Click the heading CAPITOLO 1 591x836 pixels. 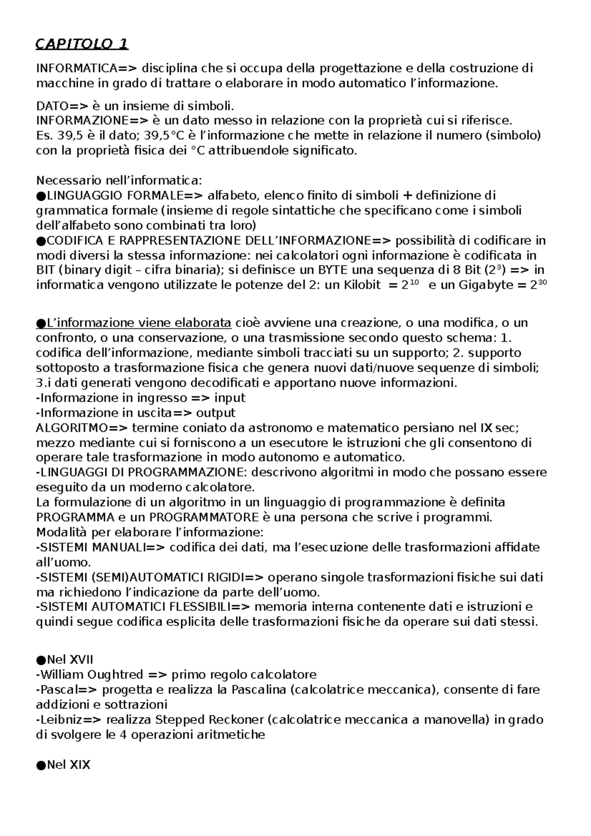pyautogui.click(x=82, y=44)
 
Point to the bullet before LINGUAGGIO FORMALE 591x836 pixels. pyautogui.click(x=41, y=196)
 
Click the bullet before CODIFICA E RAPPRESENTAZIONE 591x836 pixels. pyautogui.click(x=41, y=241)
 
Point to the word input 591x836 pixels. pyautogui.click(x=230, y=397)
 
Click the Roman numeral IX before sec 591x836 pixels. pyautogui.click(x=486, y=427)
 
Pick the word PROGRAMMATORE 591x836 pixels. pyautogui.click(x=203, y=517)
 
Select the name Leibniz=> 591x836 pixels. pyautogui.click(x=70, y=720)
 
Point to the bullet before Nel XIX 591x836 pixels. pyautogui.click(x=41, y=765)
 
